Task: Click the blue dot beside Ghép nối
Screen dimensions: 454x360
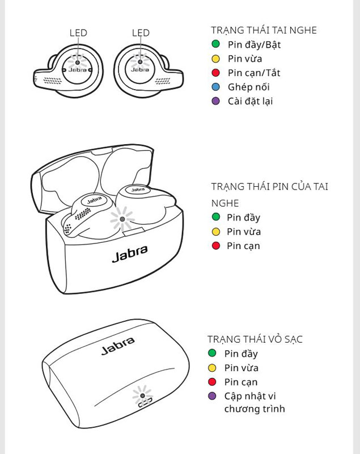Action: click(x=215, y=87)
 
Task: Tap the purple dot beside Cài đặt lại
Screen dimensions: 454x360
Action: click(x=215, y=101)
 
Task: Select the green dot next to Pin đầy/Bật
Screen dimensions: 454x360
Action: click(x=215, y=44)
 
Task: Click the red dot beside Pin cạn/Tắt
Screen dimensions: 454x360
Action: click(x=215, y=73)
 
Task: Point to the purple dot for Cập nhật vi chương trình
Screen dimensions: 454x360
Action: click(x=213, y=396)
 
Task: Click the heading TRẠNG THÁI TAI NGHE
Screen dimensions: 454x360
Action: click(x=264, y=30)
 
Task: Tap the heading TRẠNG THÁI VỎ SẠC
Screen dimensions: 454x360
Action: click(x=255, y=339)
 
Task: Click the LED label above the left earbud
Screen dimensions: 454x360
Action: click(x=78, y=33)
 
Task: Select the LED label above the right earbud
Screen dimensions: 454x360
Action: click(x=141, y=33)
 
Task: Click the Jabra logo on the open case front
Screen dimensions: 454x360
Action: click(x=130, y=254)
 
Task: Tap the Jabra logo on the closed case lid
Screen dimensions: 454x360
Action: click(x=118, y=346)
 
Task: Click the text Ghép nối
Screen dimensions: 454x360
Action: click(x=248, y=87)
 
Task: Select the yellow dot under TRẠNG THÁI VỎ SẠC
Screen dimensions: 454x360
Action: click(x=213, y=368)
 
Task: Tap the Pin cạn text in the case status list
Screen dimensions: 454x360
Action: click(x=241, y=382)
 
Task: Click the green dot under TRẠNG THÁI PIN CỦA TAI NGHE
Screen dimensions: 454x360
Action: click(x=215, y=217)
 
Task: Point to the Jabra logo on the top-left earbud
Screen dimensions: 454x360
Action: click(x=78, y=70)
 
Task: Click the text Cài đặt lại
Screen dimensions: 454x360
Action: click(x=251, y=101)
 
